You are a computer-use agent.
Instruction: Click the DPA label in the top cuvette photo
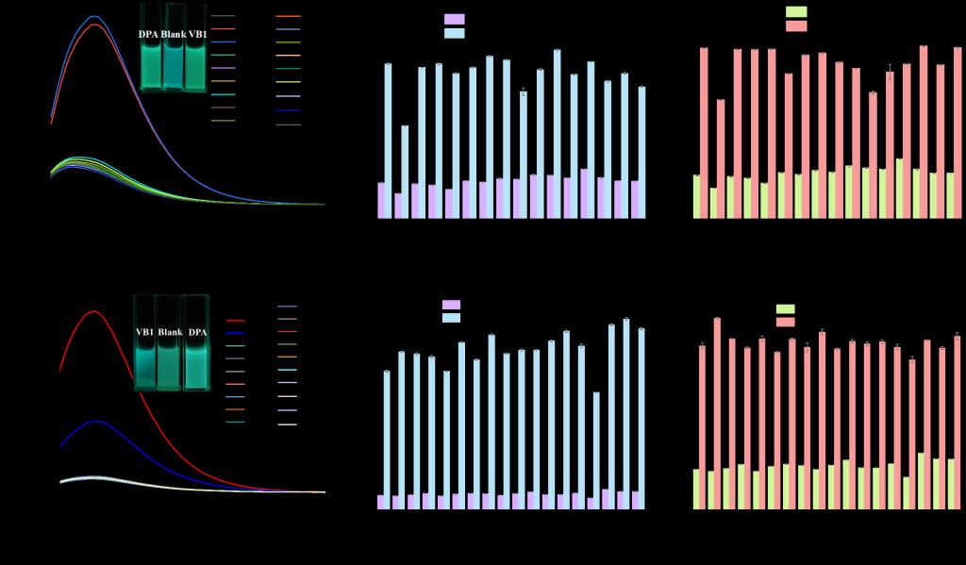(148, 35)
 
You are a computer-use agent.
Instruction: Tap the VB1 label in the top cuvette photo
(197, 35)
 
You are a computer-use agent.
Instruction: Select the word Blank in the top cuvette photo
(173, 35)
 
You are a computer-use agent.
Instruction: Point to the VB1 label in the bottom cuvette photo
(144, 332)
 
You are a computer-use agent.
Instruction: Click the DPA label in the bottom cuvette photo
(196, 332)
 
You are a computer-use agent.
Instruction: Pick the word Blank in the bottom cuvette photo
(170, 332)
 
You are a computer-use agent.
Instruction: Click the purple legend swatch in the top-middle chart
(454, 19)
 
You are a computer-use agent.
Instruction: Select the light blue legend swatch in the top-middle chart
(454, 33)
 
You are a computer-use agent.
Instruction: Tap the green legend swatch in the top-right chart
(796, 11)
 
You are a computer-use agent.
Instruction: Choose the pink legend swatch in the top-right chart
(796, 26)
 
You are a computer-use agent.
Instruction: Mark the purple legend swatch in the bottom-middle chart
(451, 305)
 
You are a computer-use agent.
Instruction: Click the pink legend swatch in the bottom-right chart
(785, 323)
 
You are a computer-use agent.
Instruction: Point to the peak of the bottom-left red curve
(94, 311)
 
